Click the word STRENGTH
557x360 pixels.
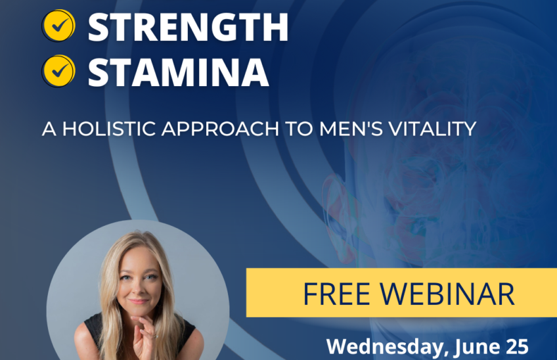click(188, 27)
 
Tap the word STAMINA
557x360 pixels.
click(178, 72)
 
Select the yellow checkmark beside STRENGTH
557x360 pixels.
click(58, 26)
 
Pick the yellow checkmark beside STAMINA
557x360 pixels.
click(58, 71)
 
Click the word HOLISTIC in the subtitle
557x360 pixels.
click(109, 129)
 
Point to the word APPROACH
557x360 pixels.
click(220, 129)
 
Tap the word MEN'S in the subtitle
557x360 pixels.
click(351, 129)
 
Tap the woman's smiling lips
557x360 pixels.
click(139, 302)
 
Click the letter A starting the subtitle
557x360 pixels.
click(49, 129)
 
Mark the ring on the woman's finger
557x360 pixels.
click(156, 336)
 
